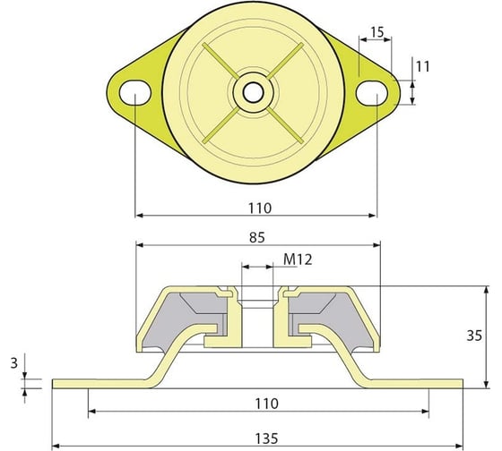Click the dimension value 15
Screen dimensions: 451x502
coord(377,32)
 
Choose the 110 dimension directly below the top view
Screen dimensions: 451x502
coord(259,207)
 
